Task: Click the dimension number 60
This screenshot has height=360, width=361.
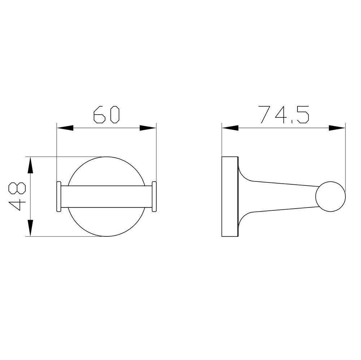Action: (106, 114)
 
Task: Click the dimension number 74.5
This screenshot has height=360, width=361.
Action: (284, 114)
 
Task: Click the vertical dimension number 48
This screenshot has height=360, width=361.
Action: (17, 196)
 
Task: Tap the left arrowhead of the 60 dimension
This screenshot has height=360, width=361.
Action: (65, 128)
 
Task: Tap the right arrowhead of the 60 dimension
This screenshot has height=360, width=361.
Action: (148, 128)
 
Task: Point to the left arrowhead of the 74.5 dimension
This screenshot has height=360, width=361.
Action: (230, 128)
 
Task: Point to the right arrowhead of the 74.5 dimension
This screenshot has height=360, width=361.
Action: (337, 128)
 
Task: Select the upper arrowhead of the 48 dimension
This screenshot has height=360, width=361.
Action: (31, 165)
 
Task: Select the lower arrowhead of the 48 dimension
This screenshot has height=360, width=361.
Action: (31, 228)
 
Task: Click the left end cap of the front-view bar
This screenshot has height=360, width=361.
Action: (59, 197)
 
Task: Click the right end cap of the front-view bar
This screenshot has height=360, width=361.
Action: (154, 197)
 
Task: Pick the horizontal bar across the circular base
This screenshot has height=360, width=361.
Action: (106, 197)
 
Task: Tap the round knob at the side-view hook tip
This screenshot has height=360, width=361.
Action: (330, 197)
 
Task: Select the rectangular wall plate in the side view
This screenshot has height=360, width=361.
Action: (230, 197)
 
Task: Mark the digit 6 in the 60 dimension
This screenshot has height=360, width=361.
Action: (99, 114)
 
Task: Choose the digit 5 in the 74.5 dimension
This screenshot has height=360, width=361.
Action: (303, 114)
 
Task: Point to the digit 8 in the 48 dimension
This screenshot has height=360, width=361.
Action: (17, 189)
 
